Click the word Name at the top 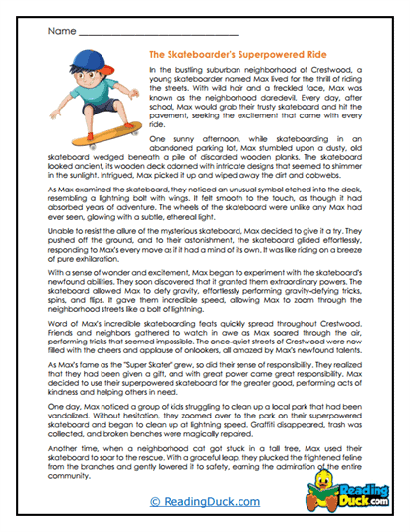[58, 32]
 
